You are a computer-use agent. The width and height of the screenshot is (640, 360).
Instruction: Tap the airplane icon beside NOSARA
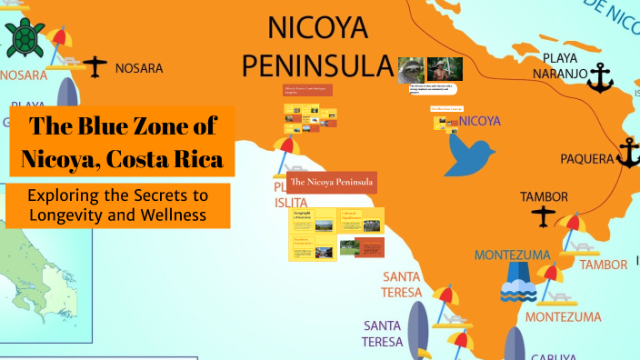pos(95,66)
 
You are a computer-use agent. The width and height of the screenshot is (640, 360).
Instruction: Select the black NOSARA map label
pos(139,68)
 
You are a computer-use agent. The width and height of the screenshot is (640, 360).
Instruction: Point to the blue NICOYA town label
pos(481,120)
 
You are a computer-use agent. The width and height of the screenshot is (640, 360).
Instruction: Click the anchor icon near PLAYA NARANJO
pos(599,79)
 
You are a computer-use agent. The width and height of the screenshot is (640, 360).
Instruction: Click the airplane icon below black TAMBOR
pos(544,216)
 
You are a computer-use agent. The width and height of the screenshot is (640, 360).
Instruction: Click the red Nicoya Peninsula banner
pos(332,182)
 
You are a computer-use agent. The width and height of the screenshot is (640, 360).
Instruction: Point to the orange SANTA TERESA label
pos(401,284)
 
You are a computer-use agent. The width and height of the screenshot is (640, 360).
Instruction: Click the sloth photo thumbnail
pos(411,69)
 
